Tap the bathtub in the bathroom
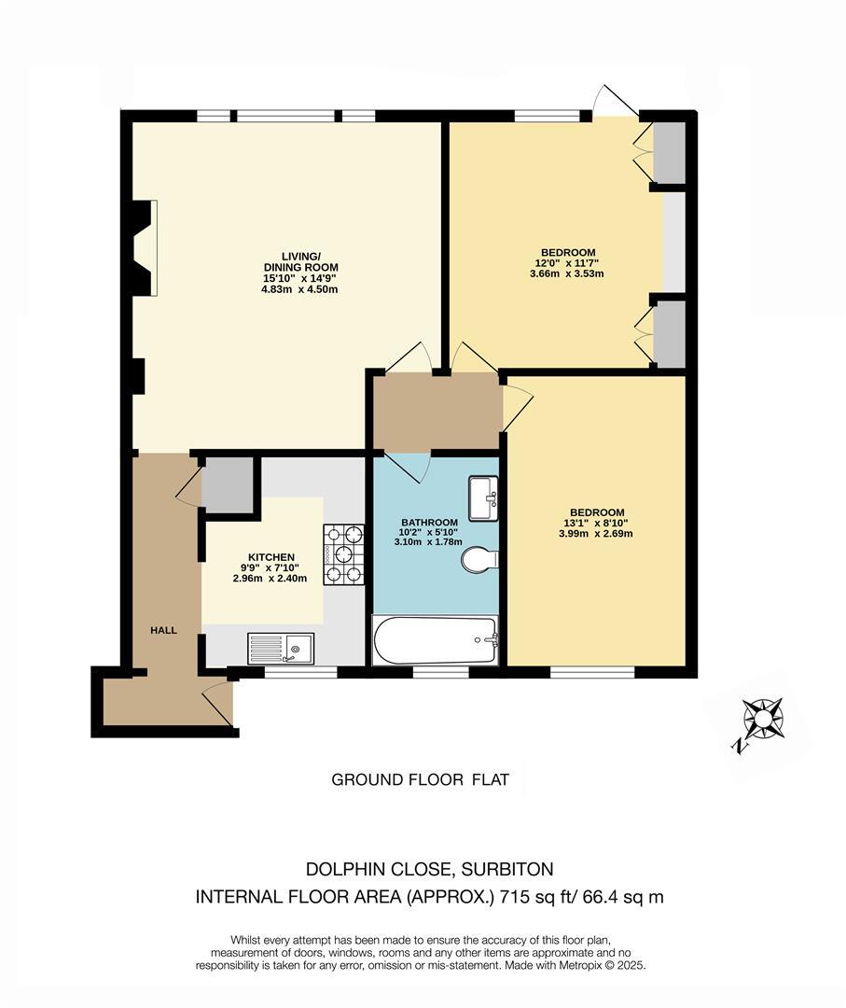click(x=435, y=639)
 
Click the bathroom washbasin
click(x=483, y=498)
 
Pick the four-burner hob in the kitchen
click(x=343, y=554)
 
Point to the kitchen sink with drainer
click(x=282, y=647)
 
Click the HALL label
click(x=164, y=631)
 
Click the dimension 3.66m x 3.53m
click(x=568, y=273)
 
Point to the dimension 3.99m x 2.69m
click(x=596, y=534)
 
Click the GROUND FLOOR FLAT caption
click(x=421, y=780)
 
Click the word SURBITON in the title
click(x=506, y=869)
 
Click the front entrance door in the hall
click(x=218, y=703)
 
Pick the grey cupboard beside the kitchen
click(x=229, y=485)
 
